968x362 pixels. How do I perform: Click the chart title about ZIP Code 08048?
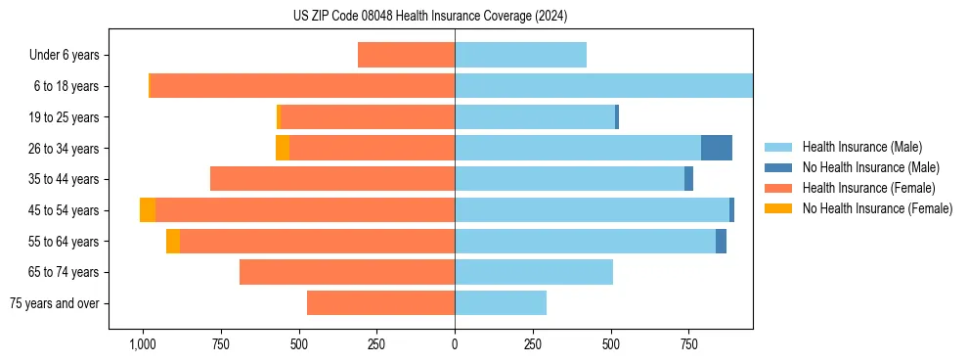[x=430, y=17]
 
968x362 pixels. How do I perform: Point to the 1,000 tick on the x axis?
[x=143, y=344]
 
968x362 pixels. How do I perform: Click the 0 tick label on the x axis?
[x=455, y=344]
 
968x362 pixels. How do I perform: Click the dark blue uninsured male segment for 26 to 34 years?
[x=717, y=148]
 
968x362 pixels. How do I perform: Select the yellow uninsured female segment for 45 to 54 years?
[x=148, y=210]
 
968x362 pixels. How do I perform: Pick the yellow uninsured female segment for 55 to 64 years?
[x=173, y=241]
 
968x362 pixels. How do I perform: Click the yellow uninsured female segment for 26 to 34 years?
[x=283, y=148]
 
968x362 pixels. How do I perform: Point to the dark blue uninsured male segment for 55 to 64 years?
[x=721, y=241]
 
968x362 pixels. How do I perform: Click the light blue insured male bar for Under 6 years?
[x=520, y=55]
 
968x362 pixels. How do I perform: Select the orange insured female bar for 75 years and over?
[x=380, y=303]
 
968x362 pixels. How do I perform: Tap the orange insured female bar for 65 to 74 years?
[x=347, y=272]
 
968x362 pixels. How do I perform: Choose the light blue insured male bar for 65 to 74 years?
[x=534, y=272]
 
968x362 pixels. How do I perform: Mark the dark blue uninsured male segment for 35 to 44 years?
[x=688, y=179]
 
